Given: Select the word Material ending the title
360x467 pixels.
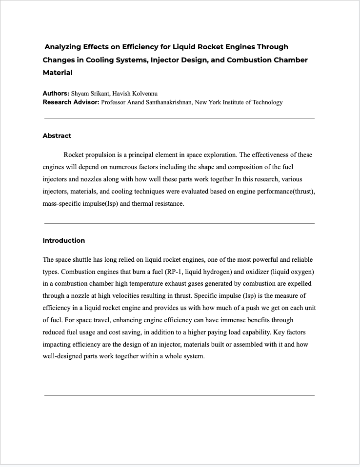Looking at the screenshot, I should [58, 73].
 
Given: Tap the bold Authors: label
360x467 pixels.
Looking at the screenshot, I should [56, 93].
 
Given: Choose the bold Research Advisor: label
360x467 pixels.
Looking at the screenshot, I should [71, 102].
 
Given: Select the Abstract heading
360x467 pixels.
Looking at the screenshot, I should [57, 136].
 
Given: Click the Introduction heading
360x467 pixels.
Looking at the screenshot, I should [63, 240].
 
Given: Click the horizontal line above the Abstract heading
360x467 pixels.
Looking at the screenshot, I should [180, 118].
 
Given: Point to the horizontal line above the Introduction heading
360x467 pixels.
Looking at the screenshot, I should [180, 223].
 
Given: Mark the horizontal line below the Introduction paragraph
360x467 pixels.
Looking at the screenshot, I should [180, 395].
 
